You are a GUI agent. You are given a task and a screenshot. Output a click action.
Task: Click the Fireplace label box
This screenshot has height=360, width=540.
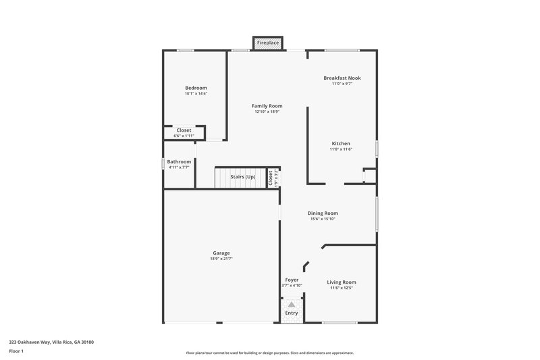tap(268, 43)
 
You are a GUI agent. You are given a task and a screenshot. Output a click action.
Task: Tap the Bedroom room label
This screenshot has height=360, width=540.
tap(196, 88)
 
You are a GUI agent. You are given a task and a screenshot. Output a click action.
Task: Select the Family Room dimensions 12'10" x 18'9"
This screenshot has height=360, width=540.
tap(267, 112)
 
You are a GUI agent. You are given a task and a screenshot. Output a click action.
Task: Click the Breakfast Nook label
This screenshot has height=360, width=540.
tap(342, 78)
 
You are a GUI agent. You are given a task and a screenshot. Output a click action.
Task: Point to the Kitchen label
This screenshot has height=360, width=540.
tap(340, 143)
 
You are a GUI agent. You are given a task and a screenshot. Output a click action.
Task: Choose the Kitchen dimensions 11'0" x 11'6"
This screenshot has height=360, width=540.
tap(341, 149)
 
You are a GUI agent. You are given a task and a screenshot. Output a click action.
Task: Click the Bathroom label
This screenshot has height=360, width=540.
tap(179, 161)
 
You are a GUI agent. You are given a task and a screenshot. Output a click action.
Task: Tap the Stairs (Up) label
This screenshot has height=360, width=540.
tap(243, 176)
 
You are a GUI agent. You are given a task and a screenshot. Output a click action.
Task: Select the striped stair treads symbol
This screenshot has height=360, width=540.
tap(223, 178)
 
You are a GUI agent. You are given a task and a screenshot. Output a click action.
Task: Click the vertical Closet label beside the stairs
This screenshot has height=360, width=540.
tap(271, 178)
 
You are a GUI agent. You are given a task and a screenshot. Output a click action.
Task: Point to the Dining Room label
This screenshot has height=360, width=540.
tap(324, 213)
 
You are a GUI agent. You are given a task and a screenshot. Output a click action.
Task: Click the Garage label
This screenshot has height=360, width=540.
tap(221, 253)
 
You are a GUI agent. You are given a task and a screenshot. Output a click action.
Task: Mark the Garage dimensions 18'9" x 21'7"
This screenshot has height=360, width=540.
tap(221, 259)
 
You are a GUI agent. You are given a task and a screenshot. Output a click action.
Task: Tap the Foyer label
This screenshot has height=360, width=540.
tap(292, 280)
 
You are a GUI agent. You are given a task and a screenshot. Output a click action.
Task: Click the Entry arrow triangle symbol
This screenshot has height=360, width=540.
tap(292, 304)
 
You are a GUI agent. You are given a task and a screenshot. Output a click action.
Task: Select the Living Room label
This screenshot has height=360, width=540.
tap(342, 282)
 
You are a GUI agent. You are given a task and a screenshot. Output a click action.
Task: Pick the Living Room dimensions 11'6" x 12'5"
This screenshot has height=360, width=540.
tap(342, 288)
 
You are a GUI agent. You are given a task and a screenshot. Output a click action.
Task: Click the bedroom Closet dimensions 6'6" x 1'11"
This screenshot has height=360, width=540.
tap(184, 136)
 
